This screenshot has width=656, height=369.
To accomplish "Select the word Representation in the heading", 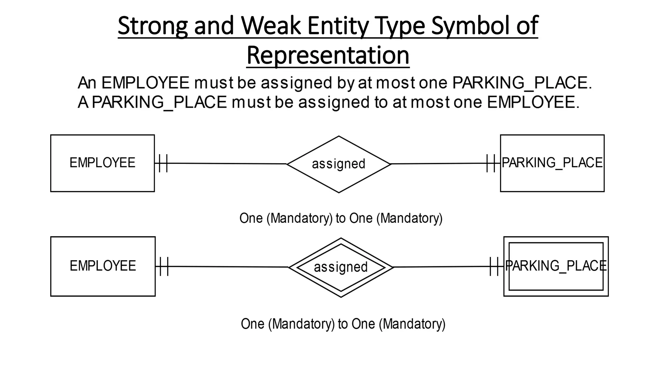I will pos(328,55).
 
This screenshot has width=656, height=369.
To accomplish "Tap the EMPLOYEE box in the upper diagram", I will pos(102,163).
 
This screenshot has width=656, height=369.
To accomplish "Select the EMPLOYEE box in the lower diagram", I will pos(103,266).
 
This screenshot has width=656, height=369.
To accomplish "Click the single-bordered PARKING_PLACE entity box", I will pos(552,163).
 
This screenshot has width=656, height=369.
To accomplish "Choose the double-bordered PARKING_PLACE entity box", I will pos(556,266).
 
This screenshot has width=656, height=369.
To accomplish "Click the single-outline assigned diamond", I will pos(339,164).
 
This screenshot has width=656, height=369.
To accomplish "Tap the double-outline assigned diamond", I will pos(341,267).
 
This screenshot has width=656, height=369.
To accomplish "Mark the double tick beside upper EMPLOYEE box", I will pos(163,163).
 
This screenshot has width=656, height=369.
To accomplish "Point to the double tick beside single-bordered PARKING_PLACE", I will pos(491,163).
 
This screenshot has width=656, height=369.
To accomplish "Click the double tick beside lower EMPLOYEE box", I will pos(164,266).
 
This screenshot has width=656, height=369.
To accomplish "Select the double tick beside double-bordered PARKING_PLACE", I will pos(494,266).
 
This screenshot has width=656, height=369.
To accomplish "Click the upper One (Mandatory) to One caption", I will pos(341,218).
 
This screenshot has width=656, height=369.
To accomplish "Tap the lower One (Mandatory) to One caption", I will pos(343,324).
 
